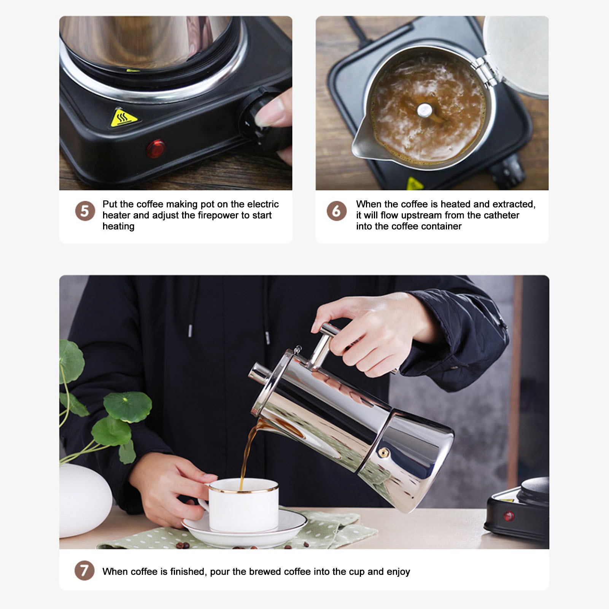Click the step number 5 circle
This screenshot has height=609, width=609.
pyautogui.click(x=85, y=211)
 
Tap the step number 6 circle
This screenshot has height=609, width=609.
pyautogui.click(x=337, y=211)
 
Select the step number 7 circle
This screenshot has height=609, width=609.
pyautogui.click(x=84, y=571)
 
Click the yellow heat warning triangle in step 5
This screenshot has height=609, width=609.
pyautogui.click(x=123, y=118)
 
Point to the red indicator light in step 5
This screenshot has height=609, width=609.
pyautogui.click(x=156, y=149)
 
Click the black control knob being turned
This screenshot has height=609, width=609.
pyautogui.click(x=262, y=117)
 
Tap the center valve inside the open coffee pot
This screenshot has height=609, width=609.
pyautogui.click(x=425, y=111)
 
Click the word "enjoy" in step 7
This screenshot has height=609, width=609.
pyautogui.click(x=398, y=572)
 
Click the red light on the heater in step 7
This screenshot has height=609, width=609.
pyautogui.click(x=509, y=516)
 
